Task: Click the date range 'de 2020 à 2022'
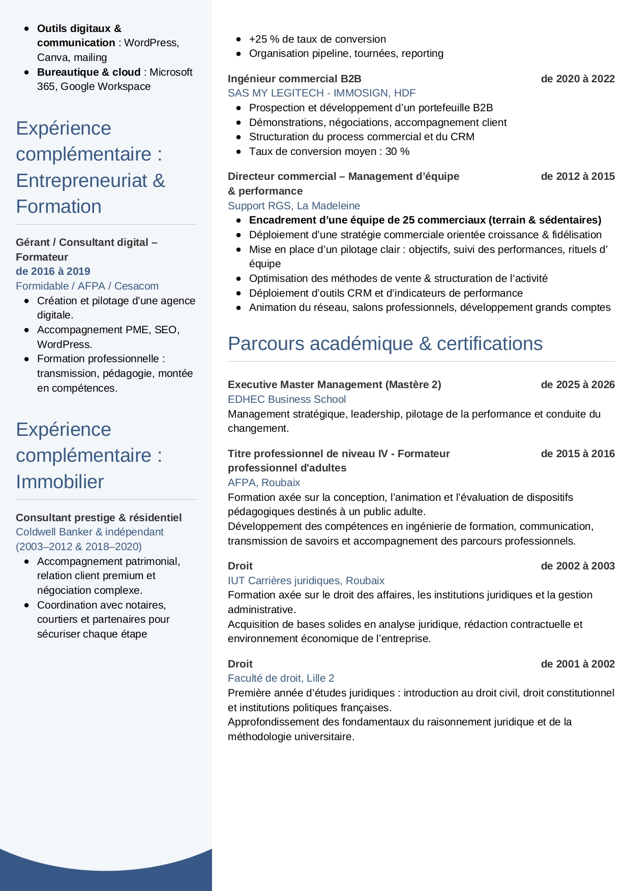click(x=578, y=79)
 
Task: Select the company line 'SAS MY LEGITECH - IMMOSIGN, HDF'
click(x=321, y=93)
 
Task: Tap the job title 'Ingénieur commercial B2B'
click(x=294, y=79)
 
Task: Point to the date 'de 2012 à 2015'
click(x=578, y=176)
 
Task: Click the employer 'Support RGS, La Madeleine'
click(x=293, y=206)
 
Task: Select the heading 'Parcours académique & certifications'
click(x=385, y=343)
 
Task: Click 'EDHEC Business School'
click(x=286, y=399)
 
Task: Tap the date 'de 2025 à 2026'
click(x=578, y=385)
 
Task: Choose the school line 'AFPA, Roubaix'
click(x=263, y=483)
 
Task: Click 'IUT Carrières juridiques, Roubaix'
click(x=306, y=581)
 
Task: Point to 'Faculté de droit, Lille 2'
click(x=281, y=678)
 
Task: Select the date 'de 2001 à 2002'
click(x=578, y=664)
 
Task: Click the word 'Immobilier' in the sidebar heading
click(x=59, y=482)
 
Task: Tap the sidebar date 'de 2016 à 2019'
click(x=53, y=271)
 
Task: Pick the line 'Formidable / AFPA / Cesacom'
click(x=87, y=286)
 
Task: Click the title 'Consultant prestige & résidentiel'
click(x=99, y=518)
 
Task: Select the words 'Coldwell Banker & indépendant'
click(x=89, y=532)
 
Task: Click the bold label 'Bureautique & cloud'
click(x=88, y=72)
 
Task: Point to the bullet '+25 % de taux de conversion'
click(x=317, y=39)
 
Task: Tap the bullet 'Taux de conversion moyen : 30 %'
click(x=329, y=151)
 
